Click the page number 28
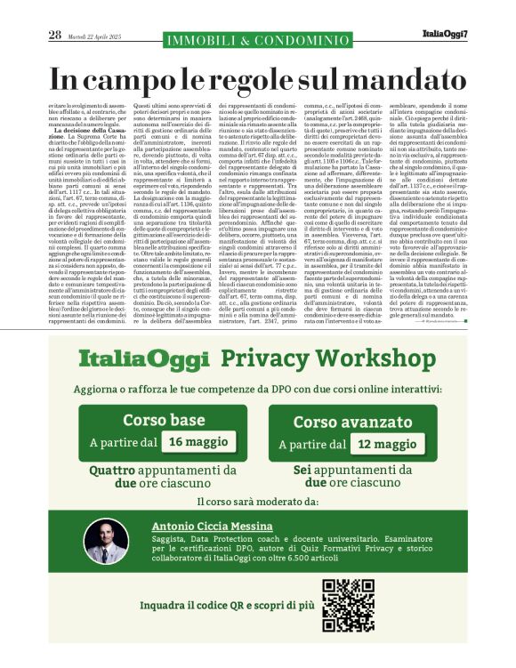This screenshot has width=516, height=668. coord(54,35)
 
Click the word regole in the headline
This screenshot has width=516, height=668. coord(270,78)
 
